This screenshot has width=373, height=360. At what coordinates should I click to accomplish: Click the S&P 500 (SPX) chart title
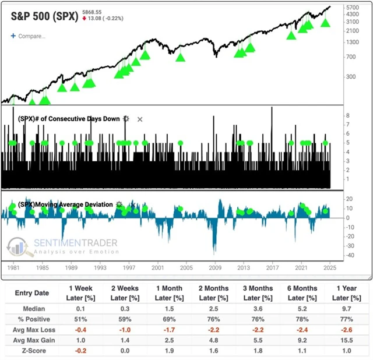44,16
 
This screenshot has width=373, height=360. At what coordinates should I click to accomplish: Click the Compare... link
31,36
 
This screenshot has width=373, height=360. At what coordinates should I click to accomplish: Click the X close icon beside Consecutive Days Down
140,119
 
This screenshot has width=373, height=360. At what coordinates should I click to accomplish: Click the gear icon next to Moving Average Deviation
119,205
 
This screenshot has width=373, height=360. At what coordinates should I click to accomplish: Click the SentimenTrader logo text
76,243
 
